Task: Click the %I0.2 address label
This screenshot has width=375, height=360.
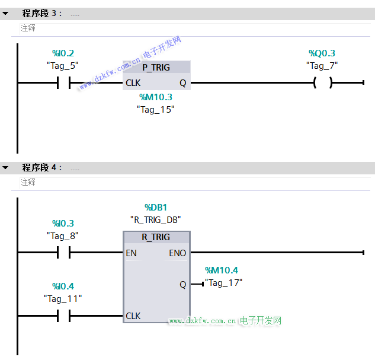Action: (x=63, y=53)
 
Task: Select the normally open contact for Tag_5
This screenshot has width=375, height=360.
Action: (x=63, y=83)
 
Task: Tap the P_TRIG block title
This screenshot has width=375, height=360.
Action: (x=156, y=68)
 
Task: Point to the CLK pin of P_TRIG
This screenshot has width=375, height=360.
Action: (x=133, y=83)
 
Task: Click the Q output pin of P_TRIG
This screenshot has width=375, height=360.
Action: (x=183, y=83)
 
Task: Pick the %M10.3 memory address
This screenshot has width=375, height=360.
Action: (x=156, y=97)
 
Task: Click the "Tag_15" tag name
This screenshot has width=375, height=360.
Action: (x=155, y=110)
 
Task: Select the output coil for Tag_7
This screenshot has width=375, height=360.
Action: (x=323, y=82)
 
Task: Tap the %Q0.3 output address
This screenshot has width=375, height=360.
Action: (x=322, y=53)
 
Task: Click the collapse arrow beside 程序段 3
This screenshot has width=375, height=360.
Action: (x=5, y=14)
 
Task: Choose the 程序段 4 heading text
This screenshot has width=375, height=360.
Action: (x=42, y=168)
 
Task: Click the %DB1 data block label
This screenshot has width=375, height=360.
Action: (x=156, y=208)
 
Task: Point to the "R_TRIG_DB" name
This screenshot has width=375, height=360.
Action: (x=155, y=219)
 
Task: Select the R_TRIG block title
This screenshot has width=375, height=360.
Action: (x=156, y=237)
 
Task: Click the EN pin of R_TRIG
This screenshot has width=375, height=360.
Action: (x=131, y=253)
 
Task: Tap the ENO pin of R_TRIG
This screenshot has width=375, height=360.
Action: (x=178, y=253)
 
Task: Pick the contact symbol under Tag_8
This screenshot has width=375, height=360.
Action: (x=63, y=252)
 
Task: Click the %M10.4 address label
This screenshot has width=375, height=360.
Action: (x=222, y=270)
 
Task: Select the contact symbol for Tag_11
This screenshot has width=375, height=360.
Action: (x=63, y=316)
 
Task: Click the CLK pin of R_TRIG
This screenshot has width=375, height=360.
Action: (x=133, y=316)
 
